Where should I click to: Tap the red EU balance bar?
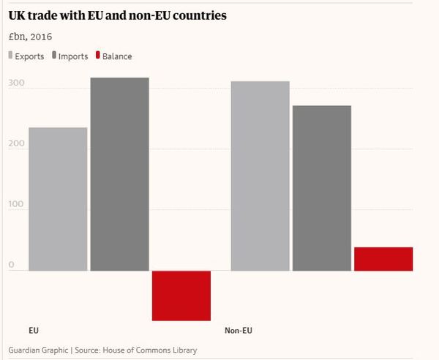click(x=181, y=296)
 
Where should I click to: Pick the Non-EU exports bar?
click(x=260, y=176)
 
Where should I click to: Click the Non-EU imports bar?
click(x=321, y=188)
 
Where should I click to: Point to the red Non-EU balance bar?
click(x=383, y=259)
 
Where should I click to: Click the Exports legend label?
click(x=29, y=56)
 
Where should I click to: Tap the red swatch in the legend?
click(x=97, y=56)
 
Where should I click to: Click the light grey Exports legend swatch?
click(x=10, y=56)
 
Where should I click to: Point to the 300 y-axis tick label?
click(x=17, y=84)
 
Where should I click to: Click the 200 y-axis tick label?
click(x=17, y=145)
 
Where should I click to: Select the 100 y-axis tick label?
click(x=17, y=206)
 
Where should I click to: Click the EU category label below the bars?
click(x=34, y=331)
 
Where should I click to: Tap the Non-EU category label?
click(x=238, y=331)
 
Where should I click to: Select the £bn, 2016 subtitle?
click(x=30, y=36)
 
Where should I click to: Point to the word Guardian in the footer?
click(x=26, y=350)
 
